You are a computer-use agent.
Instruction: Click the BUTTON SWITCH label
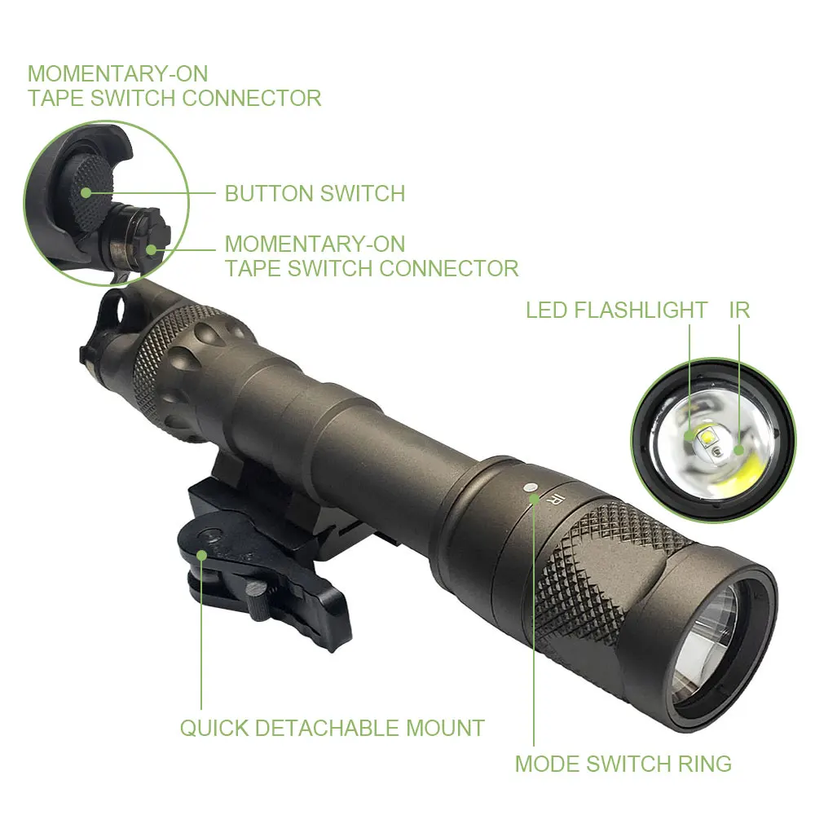coord(315,194)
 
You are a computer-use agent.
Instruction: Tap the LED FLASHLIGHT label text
coord(616,311)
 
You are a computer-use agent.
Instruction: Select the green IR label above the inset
coord(739,311)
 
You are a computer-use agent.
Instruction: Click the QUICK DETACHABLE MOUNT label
coord(332,728)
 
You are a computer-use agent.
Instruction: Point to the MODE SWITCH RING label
coord(623,764)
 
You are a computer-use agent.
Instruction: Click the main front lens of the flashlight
coord(711,627)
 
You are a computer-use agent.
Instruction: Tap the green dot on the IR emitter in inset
coord(739,450)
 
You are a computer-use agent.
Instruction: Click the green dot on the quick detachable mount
coord(201,555)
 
